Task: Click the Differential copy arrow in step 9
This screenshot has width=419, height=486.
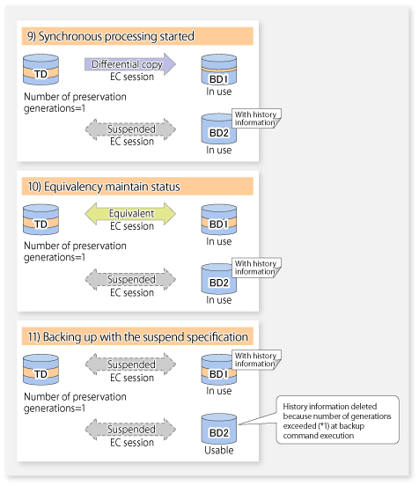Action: [130, 64]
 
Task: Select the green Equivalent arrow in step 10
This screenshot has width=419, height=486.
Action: [130, 214]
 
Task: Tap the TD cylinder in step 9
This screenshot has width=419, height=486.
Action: [40, 70]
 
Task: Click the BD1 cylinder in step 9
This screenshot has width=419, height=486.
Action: [219, 70]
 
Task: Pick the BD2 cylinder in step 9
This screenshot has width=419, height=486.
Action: [219, 129]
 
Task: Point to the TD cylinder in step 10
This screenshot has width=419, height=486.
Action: [40, 219]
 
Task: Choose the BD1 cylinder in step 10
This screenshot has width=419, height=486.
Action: [219, 219]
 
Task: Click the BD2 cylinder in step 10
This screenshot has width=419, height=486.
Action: [219, 278]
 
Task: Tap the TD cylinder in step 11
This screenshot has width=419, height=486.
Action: [40, 370]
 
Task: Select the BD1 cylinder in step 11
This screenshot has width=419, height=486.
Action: [219, 370]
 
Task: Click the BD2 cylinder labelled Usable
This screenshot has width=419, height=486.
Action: [219, 429]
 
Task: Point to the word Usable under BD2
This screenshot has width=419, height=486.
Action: [219, 450]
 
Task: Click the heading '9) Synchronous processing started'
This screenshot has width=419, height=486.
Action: [111, 36]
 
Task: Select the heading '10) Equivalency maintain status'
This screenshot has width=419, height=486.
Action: [104, 187]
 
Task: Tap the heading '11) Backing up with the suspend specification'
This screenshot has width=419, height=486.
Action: [137, 336]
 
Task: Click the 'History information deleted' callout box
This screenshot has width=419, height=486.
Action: [337, 420]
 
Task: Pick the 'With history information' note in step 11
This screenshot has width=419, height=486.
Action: [257, 360]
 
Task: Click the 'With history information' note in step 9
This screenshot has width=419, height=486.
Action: [257, 118]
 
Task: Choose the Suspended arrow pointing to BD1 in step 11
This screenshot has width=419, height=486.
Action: [130, 364]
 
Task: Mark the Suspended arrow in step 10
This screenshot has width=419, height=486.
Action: [130, 279]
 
